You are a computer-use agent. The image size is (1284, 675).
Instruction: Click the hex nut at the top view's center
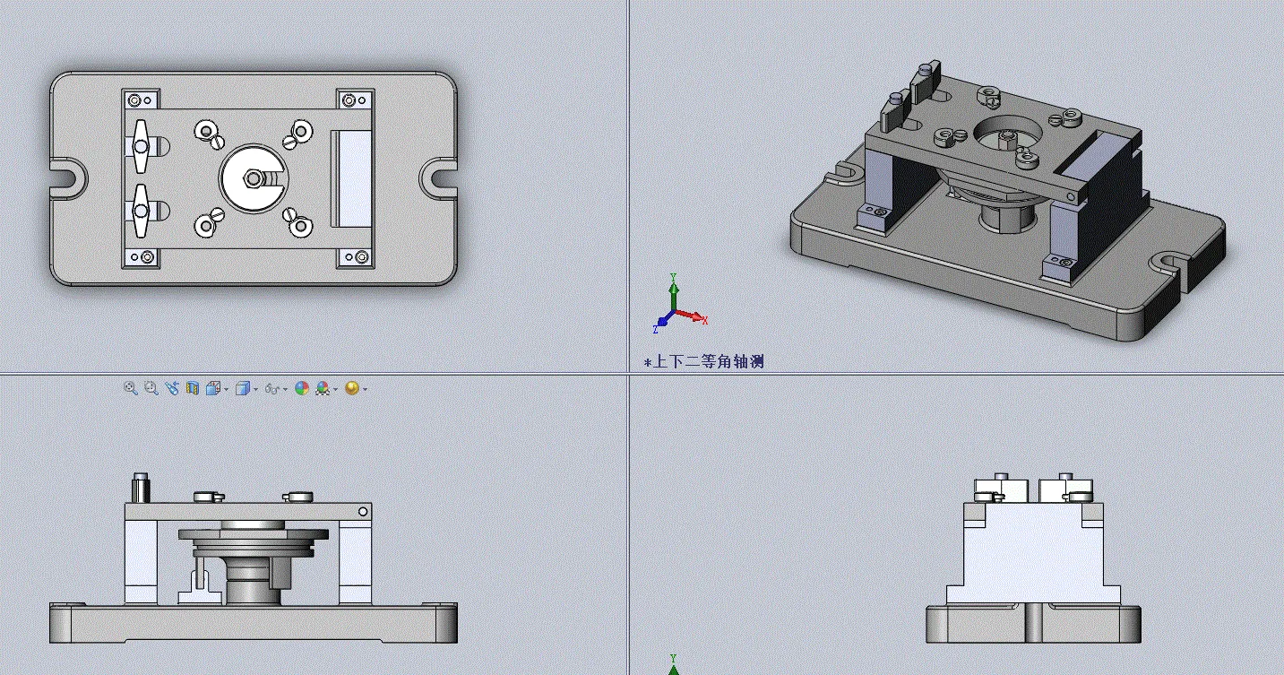tap(254, 178)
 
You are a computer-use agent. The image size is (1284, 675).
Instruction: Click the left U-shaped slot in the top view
tap(68, 174)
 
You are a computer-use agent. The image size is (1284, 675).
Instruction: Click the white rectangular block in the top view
tap(353, 178)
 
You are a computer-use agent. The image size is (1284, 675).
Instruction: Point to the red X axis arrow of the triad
tap(694, 316)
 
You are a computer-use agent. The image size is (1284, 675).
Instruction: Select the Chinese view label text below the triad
tap(704, 362)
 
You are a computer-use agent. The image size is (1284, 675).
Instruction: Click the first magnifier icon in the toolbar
tap(131, 388)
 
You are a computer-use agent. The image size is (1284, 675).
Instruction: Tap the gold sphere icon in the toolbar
tap(351, 388)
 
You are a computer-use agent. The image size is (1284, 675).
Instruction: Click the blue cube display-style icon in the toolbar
tap(241, 388)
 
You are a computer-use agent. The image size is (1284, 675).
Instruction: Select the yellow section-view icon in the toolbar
tap(193, 388)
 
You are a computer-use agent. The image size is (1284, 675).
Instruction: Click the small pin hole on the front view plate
tap(363, 512)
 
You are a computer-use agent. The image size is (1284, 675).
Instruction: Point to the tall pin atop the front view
tap(139, 488)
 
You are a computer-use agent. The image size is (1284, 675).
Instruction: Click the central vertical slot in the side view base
tap(1033, 624)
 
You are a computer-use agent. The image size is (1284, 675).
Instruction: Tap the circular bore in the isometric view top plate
tap(1007, 134)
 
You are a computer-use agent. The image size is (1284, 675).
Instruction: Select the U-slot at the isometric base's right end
tap(1170, 262)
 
